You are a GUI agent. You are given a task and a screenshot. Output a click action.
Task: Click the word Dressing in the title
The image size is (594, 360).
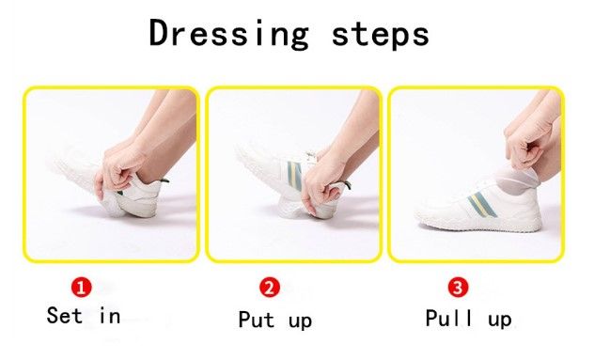(x=228, y=34)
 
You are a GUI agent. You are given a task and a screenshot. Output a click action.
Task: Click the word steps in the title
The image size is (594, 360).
(x=381, y=34)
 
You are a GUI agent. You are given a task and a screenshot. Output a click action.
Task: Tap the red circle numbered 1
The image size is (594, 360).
(x=82, y=288)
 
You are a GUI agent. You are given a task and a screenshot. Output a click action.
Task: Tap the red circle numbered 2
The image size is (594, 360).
(x=270, y=288)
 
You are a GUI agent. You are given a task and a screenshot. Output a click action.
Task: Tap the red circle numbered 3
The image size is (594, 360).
(x=458, y=288)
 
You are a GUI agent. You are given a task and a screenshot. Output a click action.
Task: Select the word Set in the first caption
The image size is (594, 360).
(x=64, y=315)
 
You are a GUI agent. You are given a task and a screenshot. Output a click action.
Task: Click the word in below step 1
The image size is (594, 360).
(x=110, y=316)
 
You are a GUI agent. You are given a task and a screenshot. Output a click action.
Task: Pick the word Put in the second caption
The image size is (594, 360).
(x=256, y=320)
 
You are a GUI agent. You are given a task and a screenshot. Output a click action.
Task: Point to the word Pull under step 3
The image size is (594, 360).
(x=449, y=318)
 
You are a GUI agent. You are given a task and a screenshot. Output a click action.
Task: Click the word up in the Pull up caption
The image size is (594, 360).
(x=500, y=321)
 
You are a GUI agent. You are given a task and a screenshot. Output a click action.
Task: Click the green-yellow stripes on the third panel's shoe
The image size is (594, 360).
(x=482, y=206)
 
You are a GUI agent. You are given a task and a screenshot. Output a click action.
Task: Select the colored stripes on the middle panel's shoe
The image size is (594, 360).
(x=295, y=175)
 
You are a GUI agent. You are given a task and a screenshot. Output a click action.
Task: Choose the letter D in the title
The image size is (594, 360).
(x=158, y=33)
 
